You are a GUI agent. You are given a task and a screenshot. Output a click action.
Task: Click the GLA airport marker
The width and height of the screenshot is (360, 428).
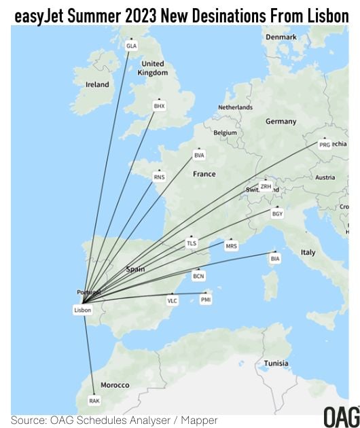(132, 46)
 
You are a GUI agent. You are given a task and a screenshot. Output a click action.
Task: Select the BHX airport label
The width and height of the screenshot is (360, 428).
(160, 106)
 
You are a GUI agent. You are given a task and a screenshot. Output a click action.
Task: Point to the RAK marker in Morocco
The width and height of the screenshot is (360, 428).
(94, 401)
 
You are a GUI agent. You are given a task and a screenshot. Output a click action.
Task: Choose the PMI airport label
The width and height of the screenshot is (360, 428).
(206, 299)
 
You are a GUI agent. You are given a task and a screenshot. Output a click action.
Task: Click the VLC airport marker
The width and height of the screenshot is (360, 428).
(173, 300)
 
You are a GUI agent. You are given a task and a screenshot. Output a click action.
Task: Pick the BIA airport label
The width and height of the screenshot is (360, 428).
(275, 259)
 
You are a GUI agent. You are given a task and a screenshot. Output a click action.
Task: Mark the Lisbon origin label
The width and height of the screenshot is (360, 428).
(82, 310)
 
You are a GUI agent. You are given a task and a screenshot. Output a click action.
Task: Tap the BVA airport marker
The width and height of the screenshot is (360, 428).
(199, 156)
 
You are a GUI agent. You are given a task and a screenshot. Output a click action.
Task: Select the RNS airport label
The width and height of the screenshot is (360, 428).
(160, 177)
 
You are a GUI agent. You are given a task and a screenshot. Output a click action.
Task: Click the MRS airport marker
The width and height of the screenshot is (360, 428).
(231, 246)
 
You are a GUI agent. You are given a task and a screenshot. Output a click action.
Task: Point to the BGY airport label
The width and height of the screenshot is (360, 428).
(276, 214)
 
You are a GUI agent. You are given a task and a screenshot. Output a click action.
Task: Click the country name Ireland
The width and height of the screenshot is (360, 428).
(97, 85)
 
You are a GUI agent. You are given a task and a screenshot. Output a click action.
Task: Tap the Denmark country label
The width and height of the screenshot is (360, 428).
(281, 37)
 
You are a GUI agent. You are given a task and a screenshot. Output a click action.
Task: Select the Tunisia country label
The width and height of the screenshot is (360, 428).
(276, 363)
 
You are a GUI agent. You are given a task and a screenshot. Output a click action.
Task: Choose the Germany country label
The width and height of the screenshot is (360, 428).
(281, 122)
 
